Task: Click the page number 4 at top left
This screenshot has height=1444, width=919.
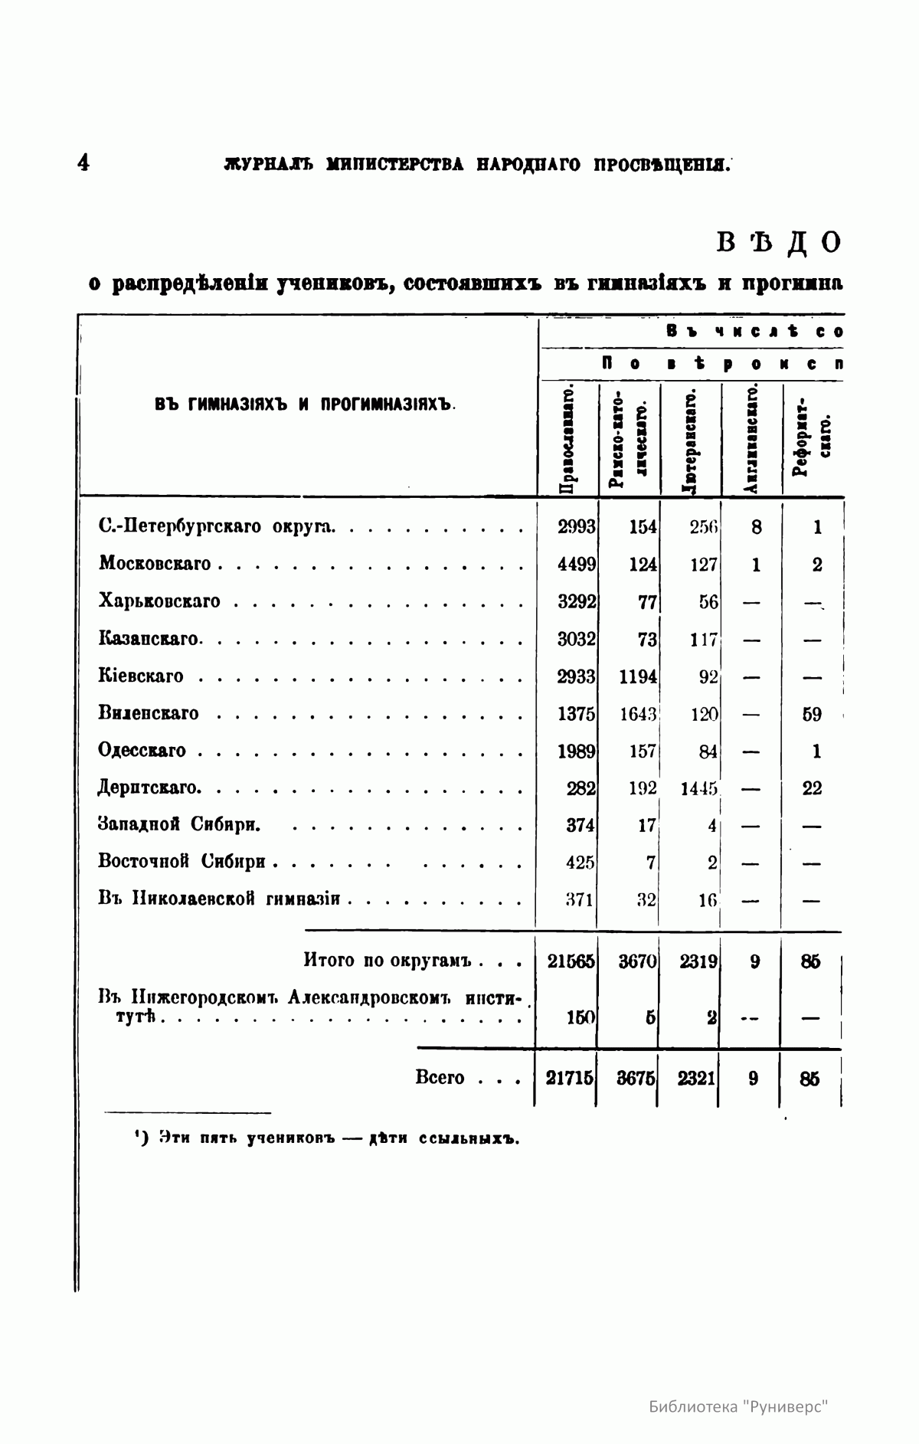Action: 83,163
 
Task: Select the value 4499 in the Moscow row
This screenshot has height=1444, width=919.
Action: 576,565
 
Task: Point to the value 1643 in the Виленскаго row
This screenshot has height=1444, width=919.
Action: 638,714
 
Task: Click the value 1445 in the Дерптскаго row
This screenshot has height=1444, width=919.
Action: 698,788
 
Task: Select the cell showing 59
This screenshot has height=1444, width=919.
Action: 812,714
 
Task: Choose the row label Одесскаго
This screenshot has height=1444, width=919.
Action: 142,751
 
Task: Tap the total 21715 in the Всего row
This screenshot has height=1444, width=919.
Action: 570,1078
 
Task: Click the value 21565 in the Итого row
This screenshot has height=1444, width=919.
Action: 571,961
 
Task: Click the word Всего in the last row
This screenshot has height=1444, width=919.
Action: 440,1078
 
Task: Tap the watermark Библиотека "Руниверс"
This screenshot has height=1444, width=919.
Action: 739,1406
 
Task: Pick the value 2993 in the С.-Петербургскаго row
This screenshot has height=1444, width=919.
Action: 576,527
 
